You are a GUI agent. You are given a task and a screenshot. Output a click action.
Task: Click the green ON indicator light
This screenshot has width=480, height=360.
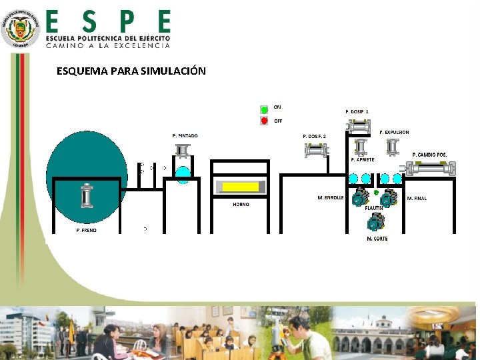pyautogui.click(x=265, y=109)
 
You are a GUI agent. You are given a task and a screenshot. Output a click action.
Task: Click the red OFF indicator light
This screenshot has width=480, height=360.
pyautogui.click(x=265, y=121)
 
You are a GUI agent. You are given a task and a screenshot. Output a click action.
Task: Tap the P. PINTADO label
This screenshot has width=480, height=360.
pyautogui.click(x=185, y=136)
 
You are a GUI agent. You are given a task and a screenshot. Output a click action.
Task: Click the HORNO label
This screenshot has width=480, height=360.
pyautogui.click(x=241, y=205)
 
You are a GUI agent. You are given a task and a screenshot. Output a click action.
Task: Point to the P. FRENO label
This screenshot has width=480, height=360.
pyautogui.click(x=86, y=230)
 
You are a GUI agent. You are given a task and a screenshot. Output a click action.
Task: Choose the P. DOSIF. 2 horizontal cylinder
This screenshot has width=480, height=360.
pyautogui.click(x=315, y=151)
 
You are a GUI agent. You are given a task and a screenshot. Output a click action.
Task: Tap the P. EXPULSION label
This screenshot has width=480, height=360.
pyautogui.click(x=394, y=133)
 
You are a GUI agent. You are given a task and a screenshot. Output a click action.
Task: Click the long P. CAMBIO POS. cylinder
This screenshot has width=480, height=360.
pyautogui.click(x=431, y=169)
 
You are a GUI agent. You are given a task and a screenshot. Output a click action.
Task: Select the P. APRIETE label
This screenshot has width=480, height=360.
pyautogui.click(x=363, y=160)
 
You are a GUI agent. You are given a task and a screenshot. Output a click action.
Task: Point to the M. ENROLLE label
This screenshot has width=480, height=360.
pyautogui.click(x=331, y=198)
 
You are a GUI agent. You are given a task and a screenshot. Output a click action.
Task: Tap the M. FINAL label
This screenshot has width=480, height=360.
pyautogui.click(x=417, y=199)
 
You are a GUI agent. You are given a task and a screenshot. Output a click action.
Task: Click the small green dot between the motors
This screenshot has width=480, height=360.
pyautogui.click(x=376, y=192)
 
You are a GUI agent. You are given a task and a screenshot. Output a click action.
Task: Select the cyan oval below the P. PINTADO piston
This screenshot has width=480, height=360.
pyautogui.click(x=183, y=173)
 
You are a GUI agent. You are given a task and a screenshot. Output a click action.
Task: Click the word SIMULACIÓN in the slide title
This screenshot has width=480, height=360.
pyautogui.click(x=174, y=71)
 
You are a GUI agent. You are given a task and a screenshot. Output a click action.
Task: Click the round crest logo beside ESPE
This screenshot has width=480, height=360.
pyautogui.click(x=21, y=28)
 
